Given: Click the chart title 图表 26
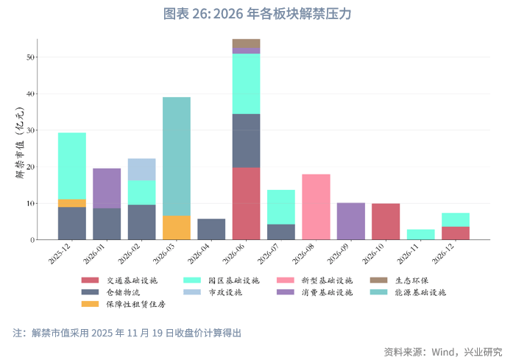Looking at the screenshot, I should coord(258,14).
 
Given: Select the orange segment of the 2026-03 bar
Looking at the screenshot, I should coord(177,227).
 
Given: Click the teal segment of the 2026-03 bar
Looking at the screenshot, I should coord(177,156).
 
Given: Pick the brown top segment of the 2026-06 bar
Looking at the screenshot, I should coord(246,43).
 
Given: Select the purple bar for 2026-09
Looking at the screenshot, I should coord(350,221).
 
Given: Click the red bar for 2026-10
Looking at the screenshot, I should coord(386,222).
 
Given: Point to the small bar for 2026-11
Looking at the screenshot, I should coord(420,234).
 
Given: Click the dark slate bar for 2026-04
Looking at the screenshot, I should coord(211,229).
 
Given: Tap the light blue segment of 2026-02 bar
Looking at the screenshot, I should coord(141,169).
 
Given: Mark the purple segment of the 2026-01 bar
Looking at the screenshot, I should coord(107,188).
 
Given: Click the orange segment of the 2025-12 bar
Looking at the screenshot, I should coord(72,203).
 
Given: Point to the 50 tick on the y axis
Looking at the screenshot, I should coord(31,57).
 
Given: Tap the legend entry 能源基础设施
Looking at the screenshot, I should coord(420,292).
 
